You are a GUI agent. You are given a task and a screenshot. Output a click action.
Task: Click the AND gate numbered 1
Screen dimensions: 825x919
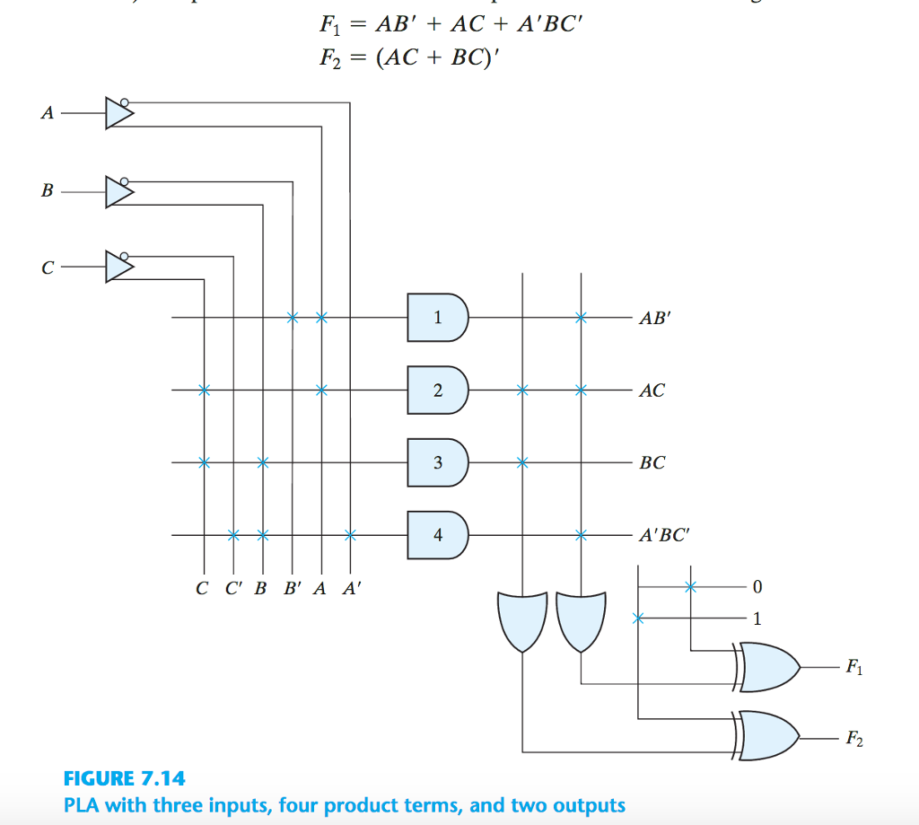click(x=437, y=317)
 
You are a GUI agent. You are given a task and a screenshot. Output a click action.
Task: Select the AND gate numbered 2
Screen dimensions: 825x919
click(x=437, y=391)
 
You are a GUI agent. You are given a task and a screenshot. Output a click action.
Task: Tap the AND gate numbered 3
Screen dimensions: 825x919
click(x=437, y=463)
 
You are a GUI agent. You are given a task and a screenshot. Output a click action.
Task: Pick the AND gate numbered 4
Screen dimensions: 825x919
click(x=437, y=535)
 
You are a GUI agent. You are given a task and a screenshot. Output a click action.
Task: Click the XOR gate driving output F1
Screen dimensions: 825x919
click(x=768, y=668)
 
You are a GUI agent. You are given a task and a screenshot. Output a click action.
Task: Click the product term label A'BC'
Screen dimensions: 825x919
click(x=663, y=536)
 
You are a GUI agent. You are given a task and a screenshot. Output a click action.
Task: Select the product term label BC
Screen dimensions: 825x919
click(x=652, y=463)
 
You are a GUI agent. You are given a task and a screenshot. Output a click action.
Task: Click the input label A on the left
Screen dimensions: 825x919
click(x=48, y=114)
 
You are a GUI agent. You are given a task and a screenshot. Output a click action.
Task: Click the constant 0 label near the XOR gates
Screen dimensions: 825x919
click(x=757, y=587)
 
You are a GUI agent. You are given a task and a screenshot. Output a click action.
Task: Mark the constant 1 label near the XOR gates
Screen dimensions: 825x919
click(x=757, y=619)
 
